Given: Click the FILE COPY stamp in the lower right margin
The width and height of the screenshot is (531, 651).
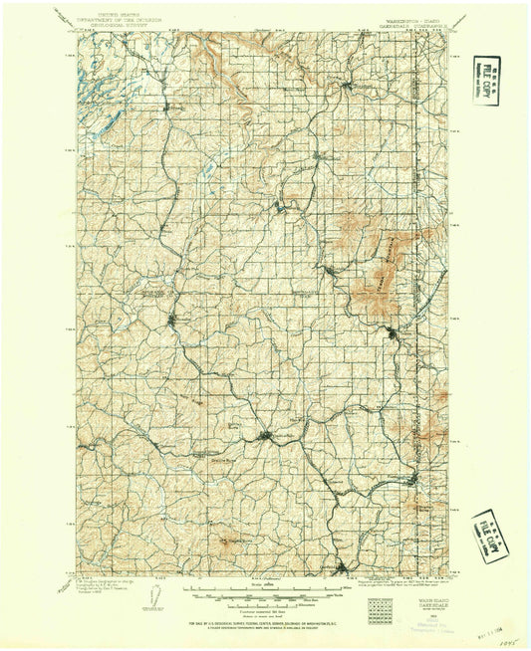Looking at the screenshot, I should coord(490,537).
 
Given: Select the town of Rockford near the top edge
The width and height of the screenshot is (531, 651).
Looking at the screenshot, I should coord(345,87).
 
